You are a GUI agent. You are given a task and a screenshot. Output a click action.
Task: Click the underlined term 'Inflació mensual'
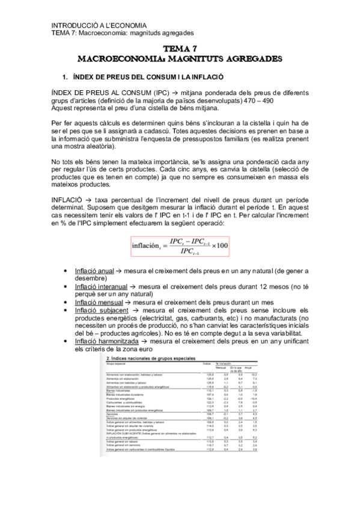pyautogui.click(x=98, y=303)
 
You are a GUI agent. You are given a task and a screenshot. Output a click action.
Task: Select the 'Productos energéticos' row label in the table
pyautogui.click(x=118, y=398)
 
